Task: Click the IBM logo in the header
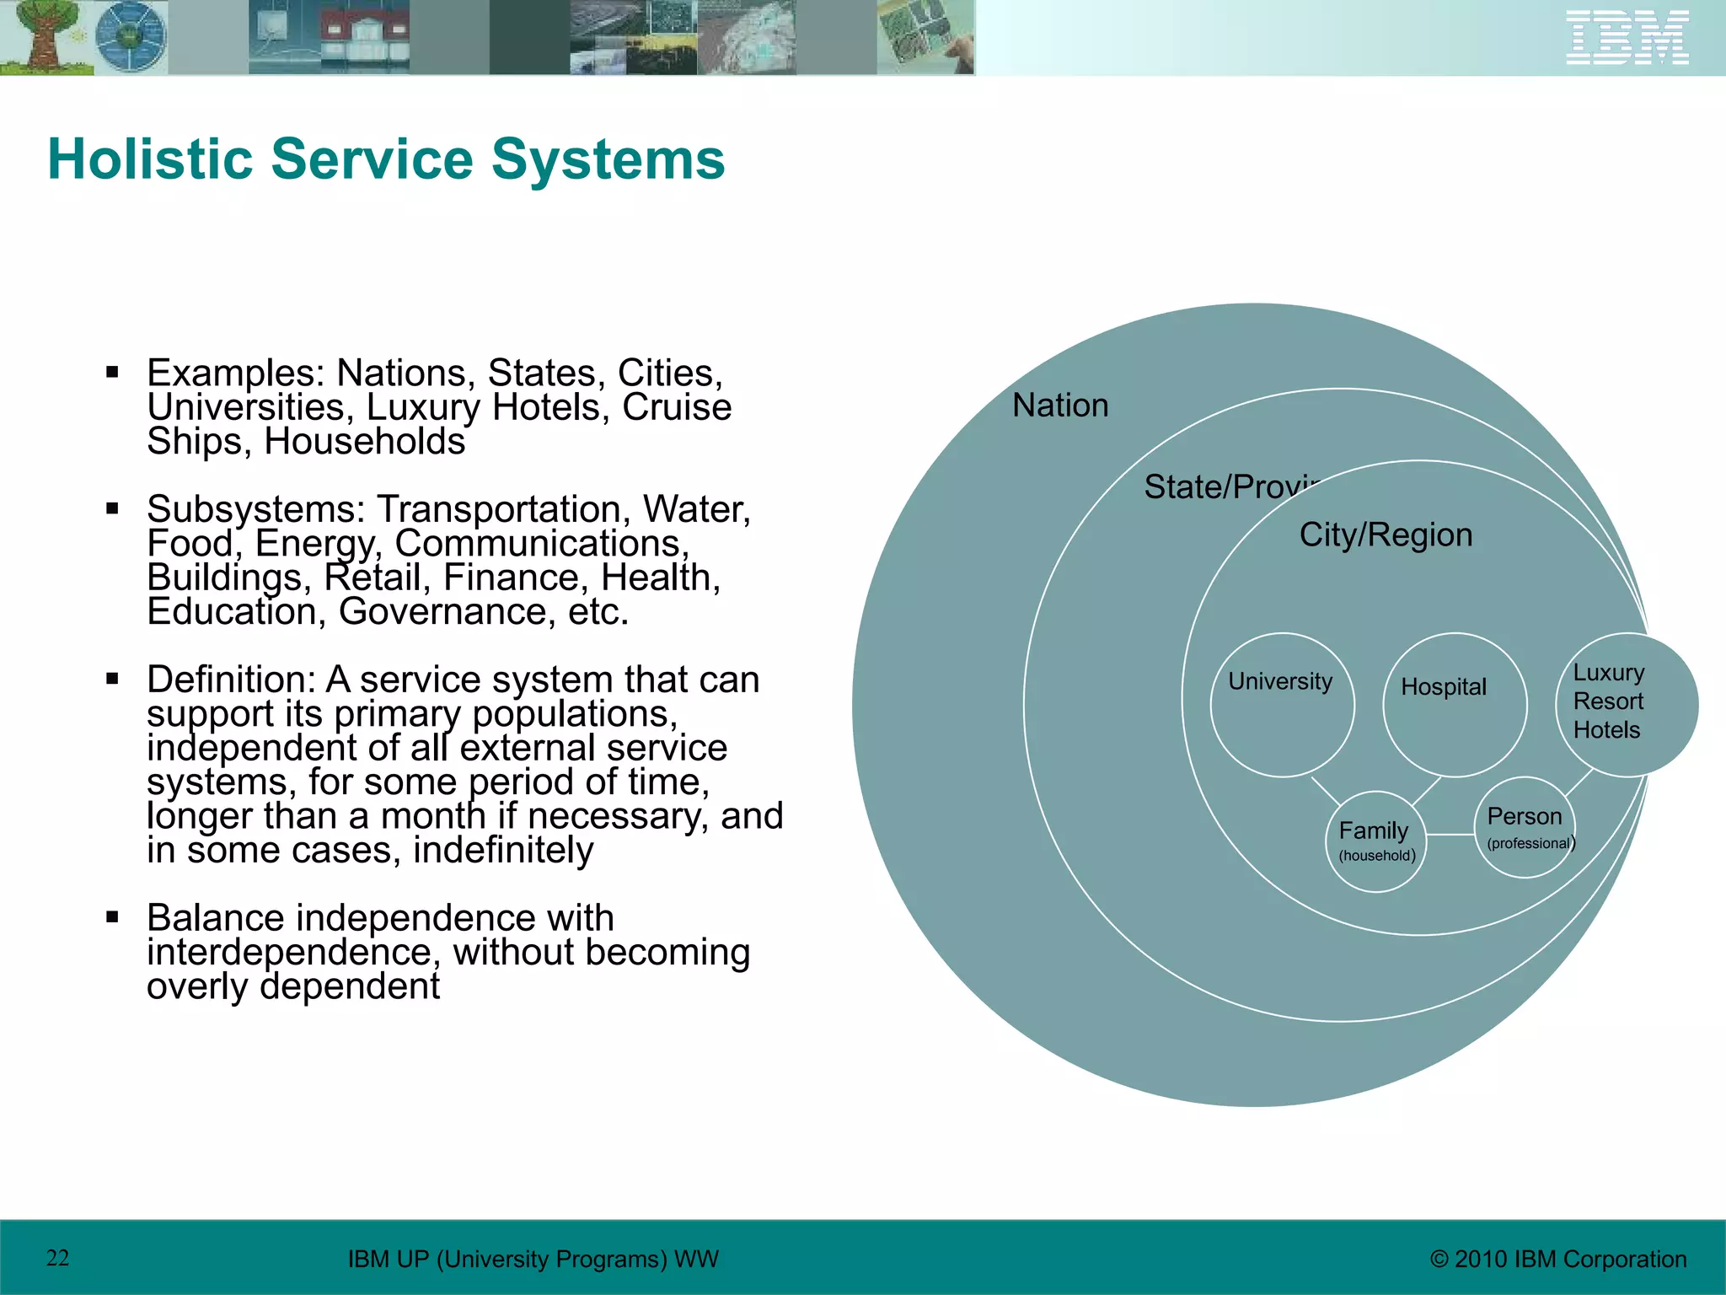(x=1627, y=37)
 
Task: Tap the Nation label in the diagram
(x=1060, y=406)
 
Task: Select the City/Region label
(x=1386, y=535)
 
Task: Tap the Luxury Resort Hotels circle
(x=1626, y=705)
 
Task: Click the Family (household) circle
(x=1376, y=841)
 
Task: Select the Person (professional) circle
(x=1525, y=827)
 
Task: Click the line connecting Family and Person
(x=1450, y=835)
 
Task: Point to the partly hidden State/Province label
(x=1230, y=487)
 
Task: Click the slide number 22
(x=57, y=1258)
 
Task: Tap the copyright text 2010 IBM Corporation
(x=1558, y=1259)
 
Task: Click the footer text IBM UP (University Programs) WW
(x=533, y=1259)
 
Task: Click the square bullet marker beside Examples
(x=112, y=372)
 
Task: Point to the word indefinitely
(x=503, y=850)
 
